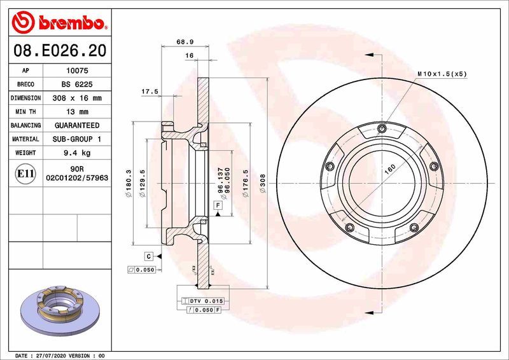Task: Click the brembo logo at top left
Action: (58, 23)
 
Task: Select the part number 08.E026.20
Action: (59, 50)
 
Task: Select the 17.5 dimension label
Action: (150, 92)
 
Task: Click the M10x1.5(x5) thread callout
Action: (442, 74)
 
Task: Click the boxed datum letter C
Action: (148, 256)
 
